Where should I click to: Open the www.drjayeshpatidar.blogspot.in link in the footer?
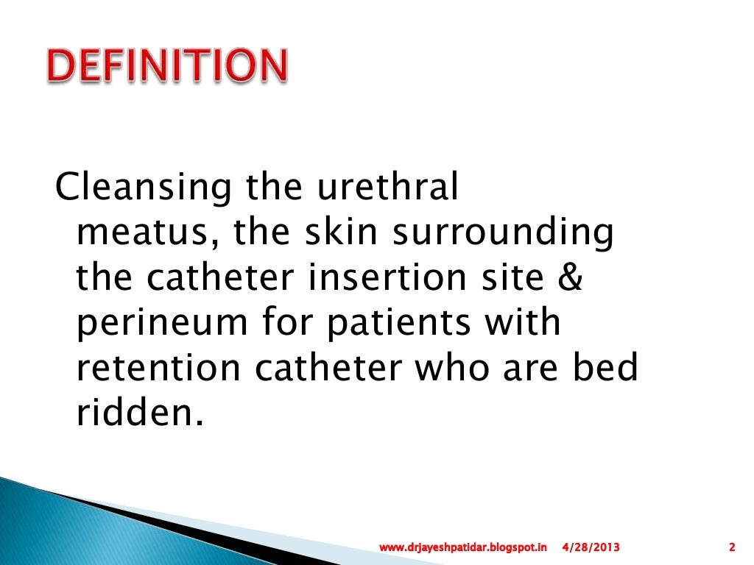pos(464,547)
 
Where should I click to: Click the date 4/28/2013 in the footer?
pos(591,547)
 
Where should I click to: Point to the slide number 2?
pos(732,547)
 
